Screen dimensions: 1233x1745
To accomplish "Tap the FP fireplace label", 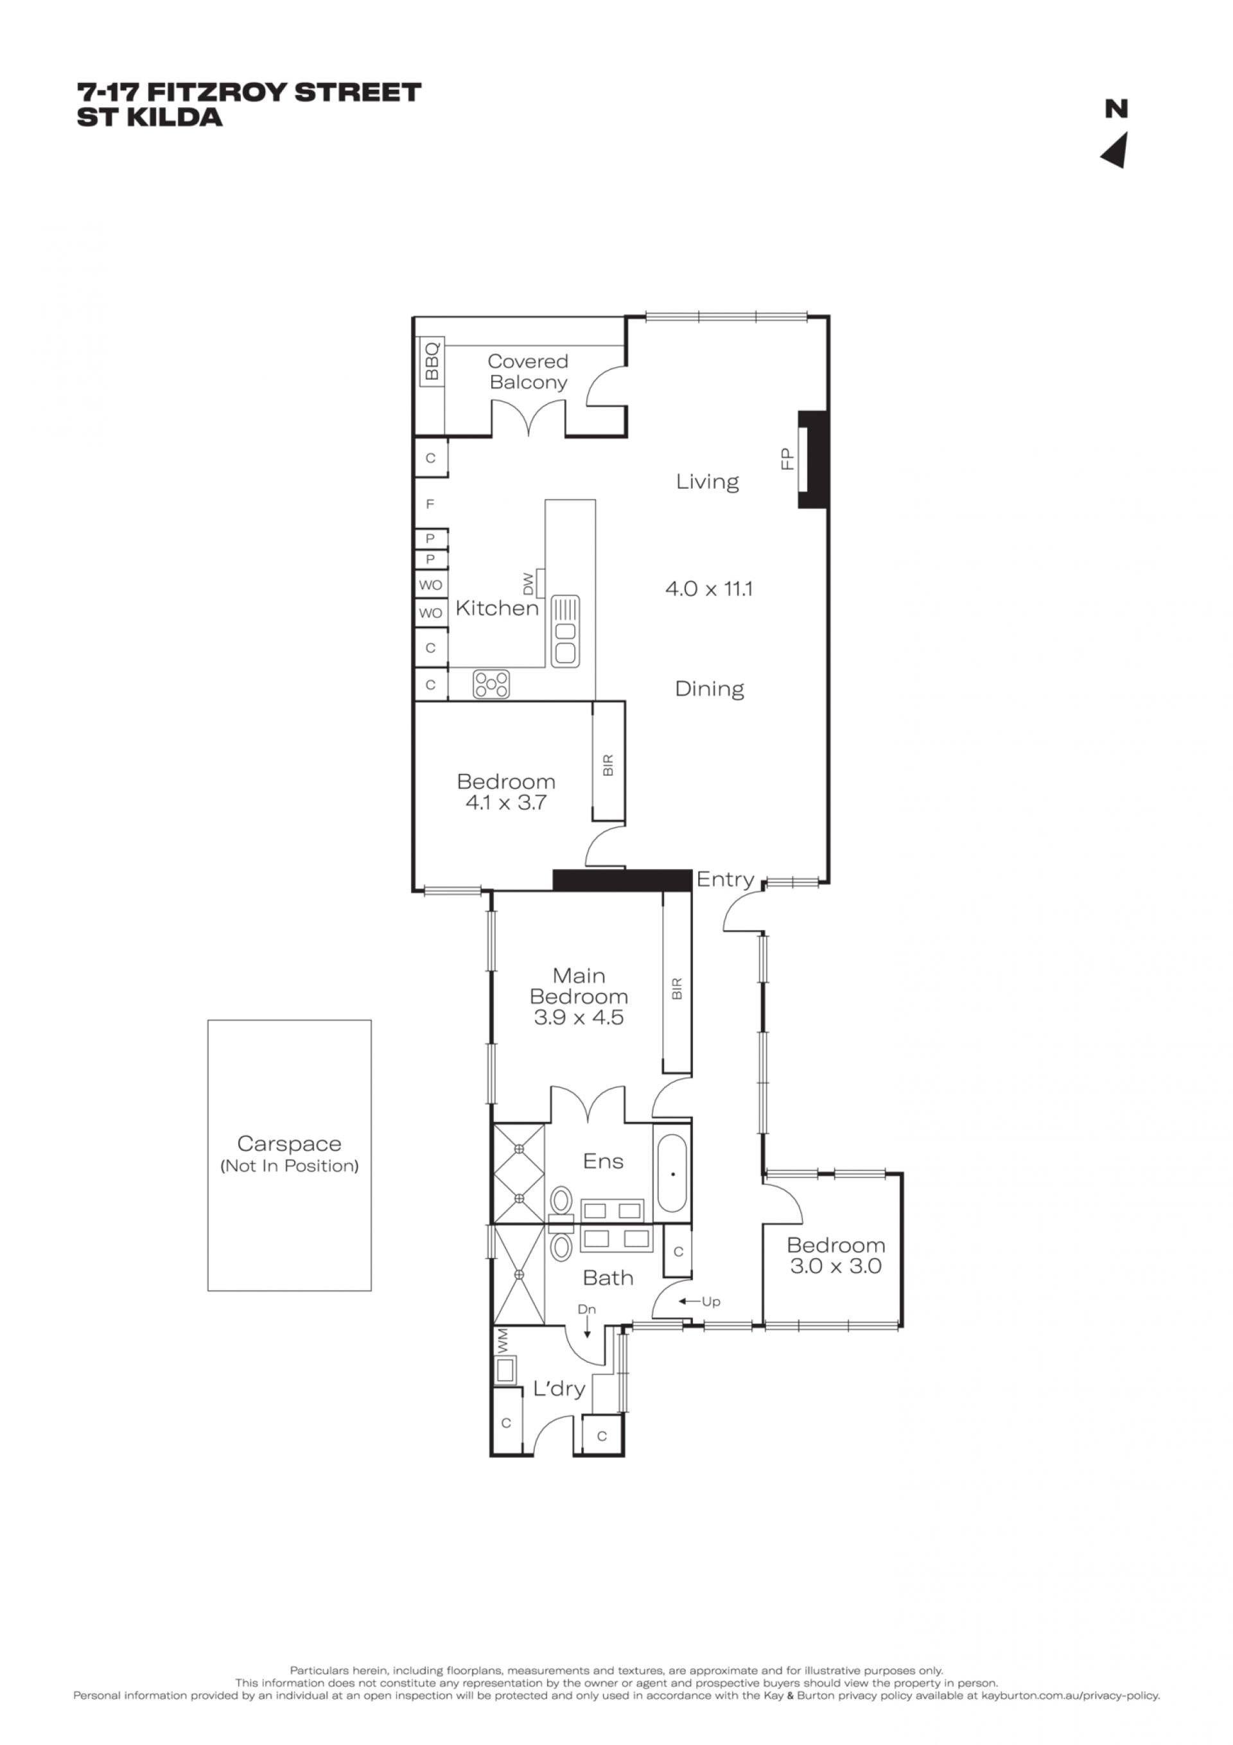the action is [787, 459].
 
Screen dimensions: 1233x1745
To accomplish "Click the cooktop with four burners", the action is [491, 683].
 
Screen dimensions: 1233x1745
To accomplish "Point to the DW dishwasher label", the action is [529, 584].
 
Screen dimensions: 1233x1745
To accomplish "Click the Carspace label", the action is [289, 1143].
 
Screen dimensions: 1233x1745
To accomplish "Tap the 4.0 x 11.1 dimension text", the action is [708, 588].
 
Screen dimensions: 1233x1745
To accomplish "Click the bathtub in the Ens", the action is [672, 1174].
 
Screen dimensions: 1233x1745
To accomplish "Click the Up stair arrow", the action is [688, 1301].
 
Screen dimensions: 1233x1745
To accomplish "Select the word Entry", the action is [725, 880].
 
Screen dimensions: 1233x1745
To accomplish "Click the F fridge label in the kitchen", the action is [430, 504].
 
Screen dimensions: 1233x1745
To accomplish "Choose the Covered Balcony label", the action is [528, 372].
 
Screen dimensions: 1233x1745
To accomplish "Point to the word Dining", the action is [709, 689].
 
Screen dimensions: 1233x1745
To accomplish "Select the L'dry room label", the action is [559, 1389].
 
